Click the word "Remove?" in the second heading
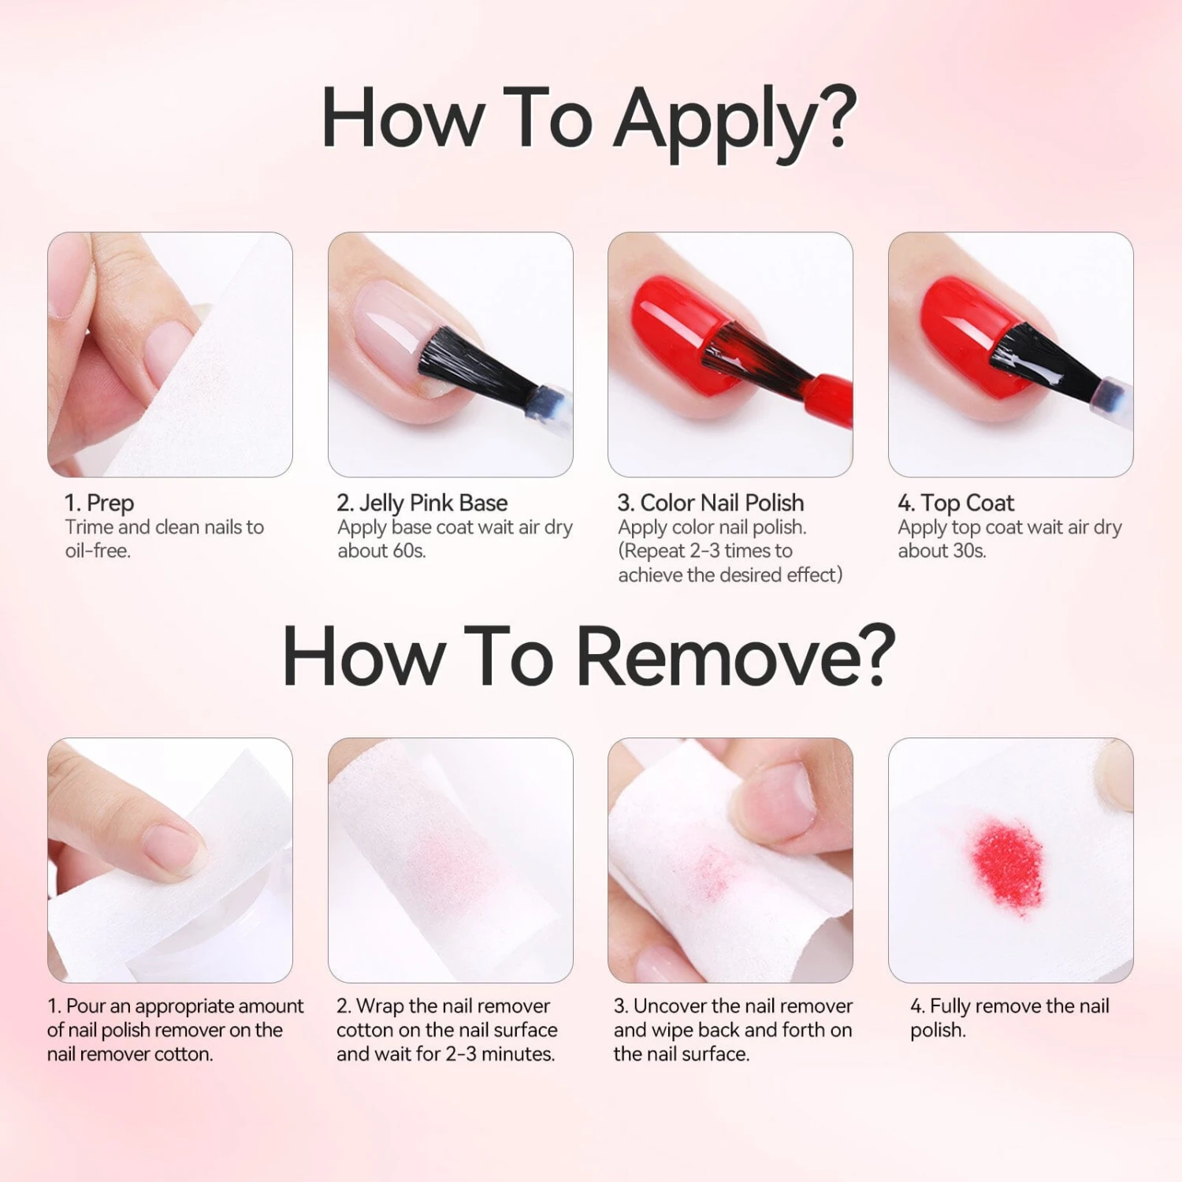click(736, 656)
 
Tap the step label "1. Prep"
click(99, 503)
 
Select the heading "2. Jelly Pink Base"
click(422, 502)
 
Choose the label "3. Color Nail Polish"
click(711, 502)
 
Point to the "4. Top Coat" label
click(956, 502)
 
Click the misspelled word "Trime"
click(89, 527)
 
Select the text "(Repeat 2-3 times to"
click(705, 551)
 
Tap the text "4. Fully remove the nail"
click(1009, 1006)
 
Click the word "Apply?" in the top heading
click(736, 118)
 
